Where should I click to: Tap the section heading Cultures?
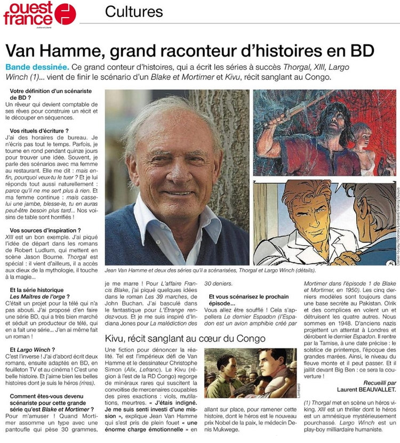[x=134, y=11]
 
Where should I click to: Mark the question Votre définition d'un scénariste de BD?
[x=51, y=95]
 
